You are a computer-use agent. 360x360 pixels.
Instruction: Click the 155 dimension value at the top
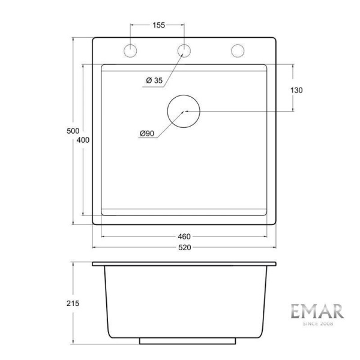click(158, 25)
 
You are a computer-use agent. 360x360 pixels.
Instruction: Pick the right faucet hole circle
click(238, 51)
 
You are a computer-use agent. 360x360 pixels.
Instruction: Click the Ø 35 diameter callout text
click(154, 81)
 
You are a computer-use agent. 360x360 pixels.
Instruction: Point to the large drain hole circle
click(185, 112)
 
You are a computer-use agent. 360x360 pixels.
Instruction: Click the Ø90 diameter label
click(148, 133)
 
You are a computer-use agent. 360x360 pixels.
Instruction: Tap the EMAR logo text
click(317, 311)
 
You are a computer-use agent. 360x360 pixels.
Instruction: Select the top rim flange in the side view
click(184, 264)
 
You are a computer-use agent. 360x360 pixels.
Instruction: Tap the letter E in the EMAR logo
click(296, 311)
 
